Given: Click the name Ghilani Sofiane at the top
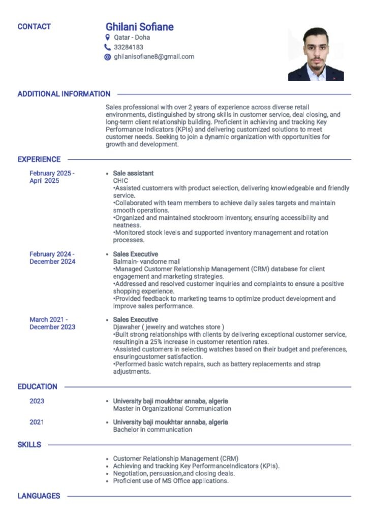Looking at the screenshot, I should (x=139, y=27).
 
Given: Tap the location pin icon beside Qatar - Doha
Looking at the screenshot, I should (x=107, y=37).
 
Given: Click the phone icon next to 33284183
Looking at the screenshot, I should (x=107, y=47).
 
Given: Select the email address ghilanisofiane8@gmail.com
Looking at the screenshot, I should (x=154, y=57).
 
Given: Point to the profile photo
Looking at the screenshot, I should (x=316, y=54).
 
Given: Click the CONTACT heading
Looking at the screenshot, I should (x=34, y=26).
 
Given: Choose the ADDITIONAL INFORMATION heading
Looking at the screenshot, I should (x=64, y=94).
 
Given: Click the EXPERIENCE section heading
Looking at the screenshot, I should (x=39, y=159).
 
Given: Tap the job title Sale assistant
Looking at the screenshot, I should (x=133, y=173).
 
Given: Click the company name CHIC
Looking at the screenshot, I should (x=120, y=181).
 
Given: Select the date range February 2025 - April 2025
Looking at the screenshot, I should (x=52, y=177).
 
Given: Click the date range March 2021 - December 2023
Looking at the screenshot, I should (x=52, y=323).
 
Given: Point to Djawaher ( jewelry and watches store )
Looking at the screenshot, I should (x=168, y=327).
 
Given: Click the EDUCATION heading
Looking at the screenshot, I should (x=38, y=386).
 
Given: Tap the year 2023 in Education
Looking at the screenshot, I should (x=37, y=401).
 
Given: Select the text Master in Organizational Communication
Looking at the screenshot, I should (x=172, y=408).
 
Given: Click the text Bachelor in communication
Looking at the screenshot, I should (x=152, y=430).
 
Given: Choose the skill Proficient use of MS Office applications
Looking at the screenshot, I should (x=171, y=480).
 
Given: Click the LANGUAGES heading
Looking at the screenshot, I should (x=39, y=496).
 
